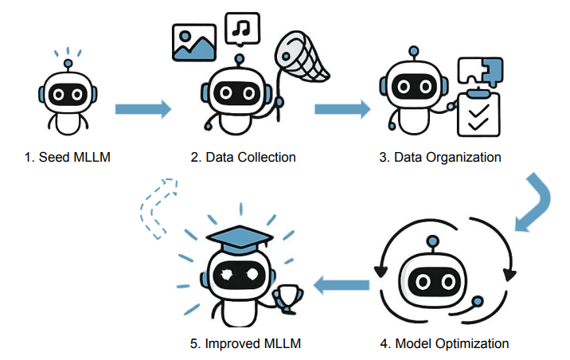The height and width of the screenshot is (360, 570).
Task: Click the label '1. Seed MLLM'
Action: (x=67, y=157)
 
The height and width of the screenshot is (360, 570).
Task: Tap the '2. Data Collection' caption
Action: (x=243, y=157)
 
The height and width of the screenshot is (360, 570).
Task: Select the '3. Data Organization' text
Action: (x=440, y=157)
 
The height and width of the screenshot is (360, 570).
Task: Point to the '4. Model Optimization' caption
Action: (x=443, y=344)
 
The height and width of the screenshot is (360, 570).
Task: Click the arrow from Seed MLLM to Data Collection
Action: (x=143, y=109)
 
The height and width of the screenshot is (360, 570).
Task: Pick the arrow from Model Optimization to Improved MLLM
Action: (x=343, y=282)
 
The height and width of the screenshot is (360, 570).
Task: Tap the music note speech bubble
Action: (x=242, y=29)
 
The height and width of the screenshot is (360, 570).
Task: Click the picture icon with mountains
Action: (x=195, y=42)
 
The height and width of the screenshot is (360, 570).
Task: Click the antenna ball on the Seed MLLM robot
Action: (x=68, y=62)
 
